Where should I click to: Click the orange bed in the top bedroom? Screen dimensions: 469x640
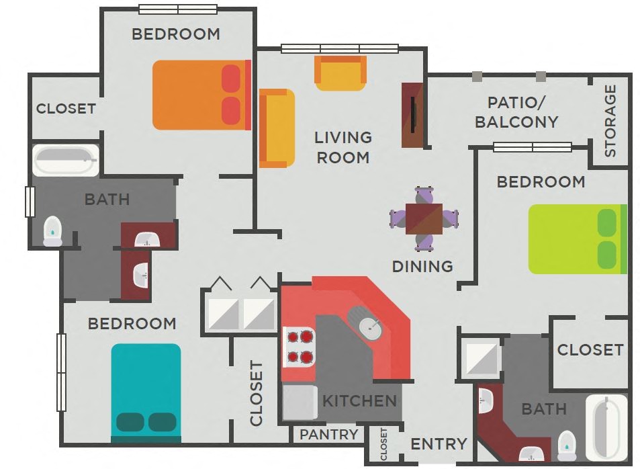coord(201,95)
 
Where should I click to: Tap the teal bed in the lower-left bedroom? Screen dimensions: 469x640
coord(146,392)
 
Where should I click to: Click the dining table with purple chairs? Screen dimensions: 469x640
coord(424,219)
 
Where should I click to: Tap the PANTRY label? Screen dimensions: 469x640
coord(328,435)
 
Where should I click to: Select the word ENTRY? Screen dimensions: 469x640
coord(439,443)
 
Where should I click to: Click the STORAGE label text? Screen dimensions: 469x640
coord(610,121)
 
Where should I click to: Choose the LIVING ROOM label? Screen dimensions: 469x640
coord(342,147)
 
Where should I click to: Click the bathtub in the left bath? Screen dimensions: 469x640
coord(65,161)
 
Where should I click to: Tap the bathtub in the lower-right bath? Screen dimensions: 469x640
coord(607,426)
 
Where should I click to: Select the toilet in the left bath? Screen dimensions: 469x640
coord(52,231)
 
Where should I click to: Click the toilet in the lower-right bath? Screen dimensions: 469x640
coord(567,444)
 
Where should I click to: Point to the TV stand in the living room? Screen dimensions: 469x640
coord(412,115)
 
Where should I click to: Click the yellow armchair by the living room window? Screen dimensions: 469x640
coord(340,73)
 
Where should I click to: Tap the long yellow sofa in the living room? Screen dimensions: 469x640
coord(277,128)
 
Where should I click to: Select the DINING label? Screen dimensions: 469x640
coord(422,266)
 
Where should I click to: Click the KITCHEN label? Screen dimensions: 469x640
coord(359,401)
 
